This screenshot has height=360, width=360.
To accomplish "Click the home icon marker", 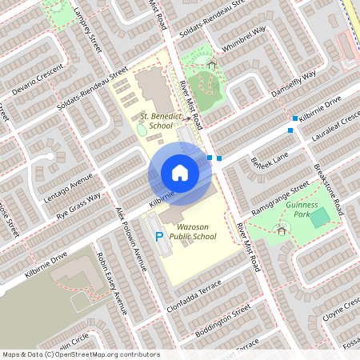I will (180, 173).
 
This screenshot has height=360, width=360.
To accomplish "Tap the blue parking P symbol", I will (158, 236).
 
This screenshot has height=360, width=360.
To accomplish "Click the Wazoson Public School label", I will (190, 231).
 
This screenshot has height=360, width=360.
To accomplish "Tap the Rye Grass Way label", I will (79, 206).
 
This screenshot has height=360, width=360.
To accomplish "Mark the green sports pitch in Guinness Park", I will (320, 217).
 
